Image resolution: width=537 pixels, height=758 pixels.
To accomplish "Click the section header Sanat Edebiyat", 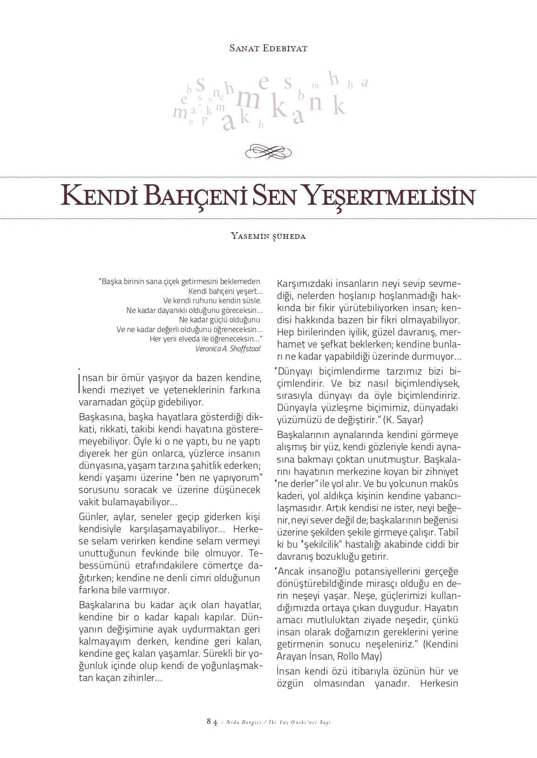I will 268,48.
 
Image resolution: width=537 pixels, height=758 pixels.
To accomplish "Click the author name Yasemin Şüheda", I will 268,236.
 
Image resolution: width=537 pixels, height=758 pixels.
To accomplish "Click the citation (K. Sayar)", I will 403,419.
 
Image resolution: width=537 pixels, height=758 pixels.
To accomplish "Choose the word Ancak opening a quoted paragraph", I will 292,571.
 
